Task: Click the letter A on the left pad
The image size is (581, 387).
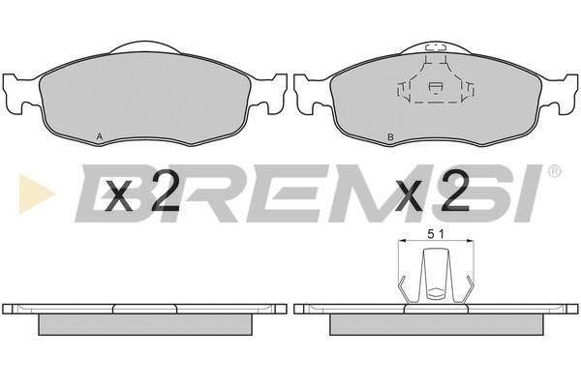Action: (100, 136)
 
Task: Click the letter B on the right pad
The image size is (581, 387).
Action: (390, 137)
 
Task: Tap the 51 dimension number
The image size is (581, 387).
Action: (436, 234)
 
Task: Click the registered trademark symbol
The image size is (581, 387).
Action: (554, 171)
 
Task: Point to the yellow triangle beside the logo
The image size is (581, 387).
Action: (37, 193)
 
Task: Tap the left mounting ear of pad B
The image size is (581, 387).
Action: (311, 94)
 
